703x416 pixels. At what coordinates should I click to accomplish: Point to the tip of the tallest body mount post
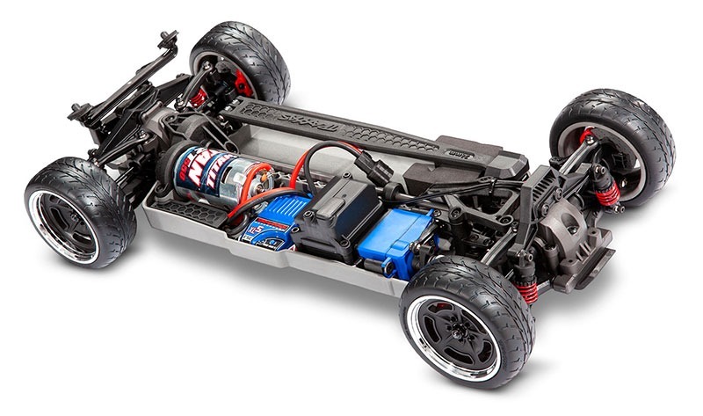(x=164, y=36)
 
